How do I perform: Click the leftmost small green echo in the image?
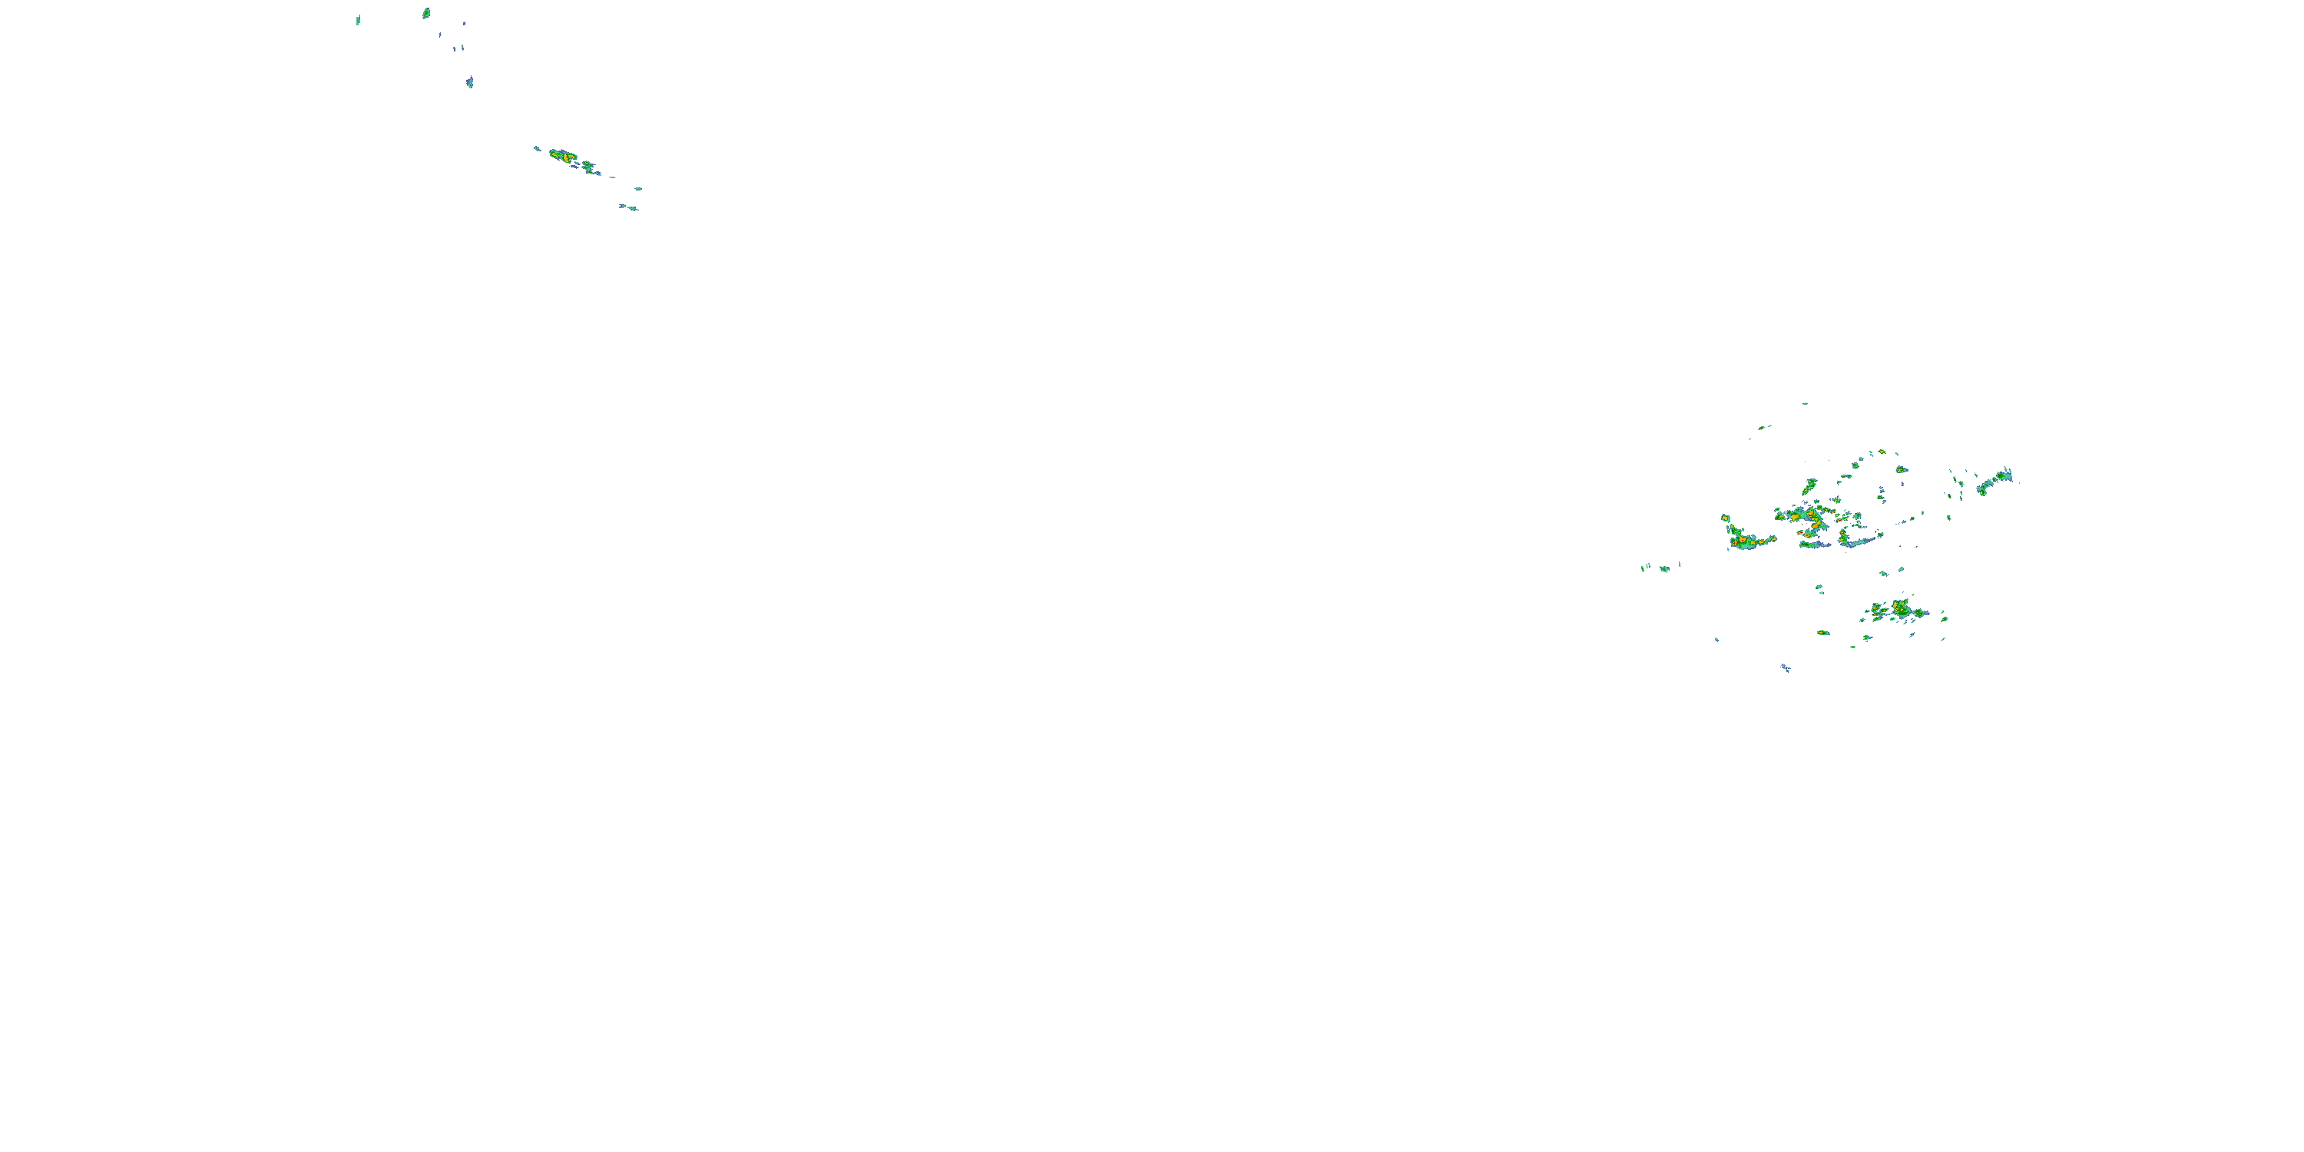tap(358, 21)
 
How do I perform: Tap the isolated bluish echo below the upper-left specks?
tap(469, 82)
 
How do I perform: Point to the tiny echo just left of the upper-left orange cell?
tap(537, 148)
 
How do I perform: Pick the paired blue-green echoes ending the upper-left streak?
tap(629, 207)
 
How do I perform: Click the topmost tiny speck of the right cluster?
tap(1805, 404)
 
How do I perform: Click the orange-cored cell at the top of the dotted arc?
tap(1902, 469)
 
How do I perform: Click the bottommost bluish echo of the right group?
tap(1786, 667)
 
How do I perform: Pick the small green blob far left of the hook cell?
tap(1664, 569)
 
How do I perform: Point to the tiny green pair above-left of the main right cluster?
tap(1762, 428)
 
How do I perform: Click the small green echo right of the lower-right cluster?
tap(1944, 618)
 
